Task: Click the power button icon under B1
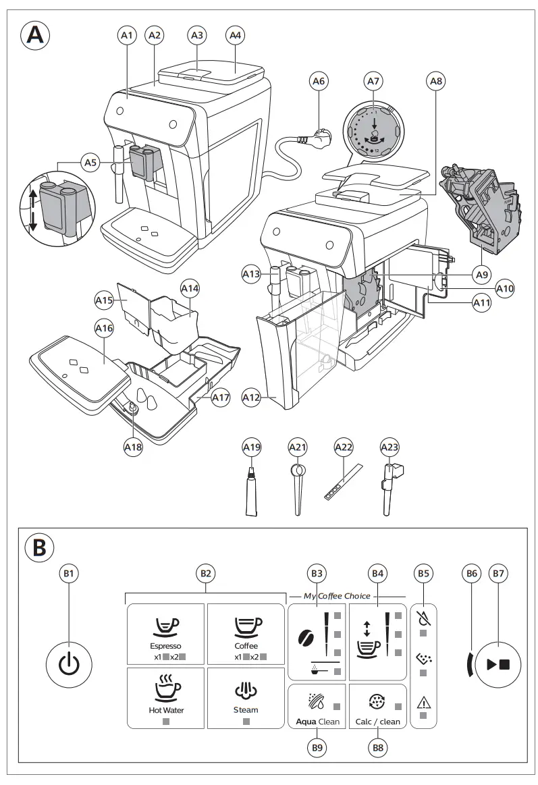(x=69, y=664)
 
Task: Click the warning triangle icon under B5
(x=423, y=701)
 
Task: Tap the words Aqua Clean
(x=317, y=722)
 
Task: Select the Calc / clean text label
(x=377, y=722)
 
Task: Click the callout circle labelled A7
(x=373, y=81)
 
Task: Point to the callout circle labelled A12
(x=251, y=398)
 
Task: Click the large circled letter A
(x=34, y=35)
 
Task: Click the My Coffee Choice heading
(x=337, y=596)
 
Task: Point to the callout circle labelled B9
(x=317, y=747)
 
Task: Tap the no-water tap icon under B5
(x=423, y=617)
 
